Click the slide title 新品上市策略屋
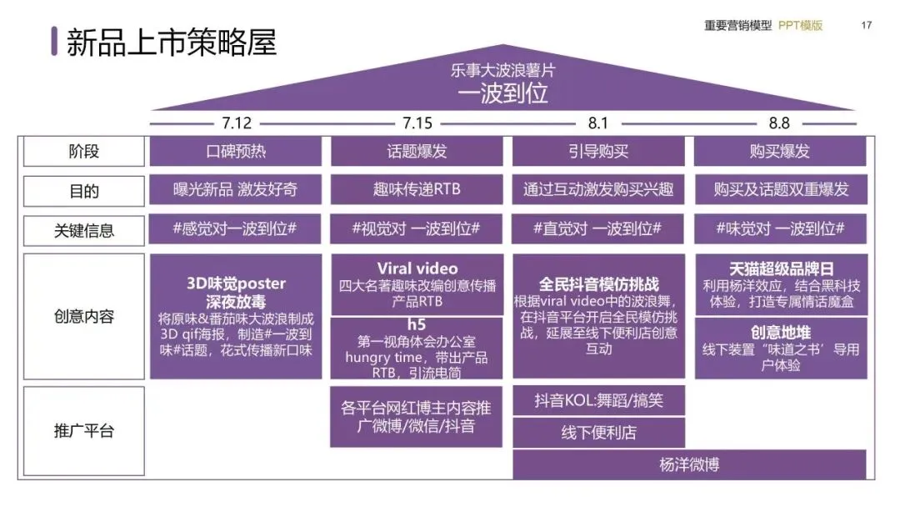pyautogui.click(x=171, y=42)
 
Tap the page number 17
pyautogui.click(x=867, y=25)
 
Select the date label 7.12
pyautogui.click(x=237, y=123)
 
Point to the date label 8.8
pyautogui.click(x=779, y=123)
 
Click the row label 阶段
pyautogui.click(x=83, y=152)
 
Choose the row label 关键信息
pyautogui.click(x=83, y=230)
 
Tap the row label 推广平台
pyautogui.click(x=83, y=431)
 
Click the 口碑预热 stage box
pyautogui.click(x=236, y=152)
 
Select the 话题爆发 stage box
pyautogui.click(x=417, y=152)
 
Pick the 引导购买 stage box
pyautogui.click(x=597, y=152)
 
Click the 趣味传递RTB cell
pyautogui.click(x=417, y=190)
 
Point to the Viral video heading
pyautogui.click(x=417, y=269)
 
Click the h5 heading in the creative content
pyautogui.click(x=417, y=324)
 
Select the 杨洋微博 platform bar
pyautogui.click(x=689, y=464)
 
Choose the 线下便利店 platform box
pyautogui.click(x=598, y=433)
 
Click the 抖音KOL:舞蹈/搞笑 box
pyautogui.click(x=598, y=401)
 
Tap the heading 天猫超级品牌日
pyautogui.click(x=781, y=269)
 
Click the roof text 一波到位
pyautogui.click(x=502, y=93)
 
